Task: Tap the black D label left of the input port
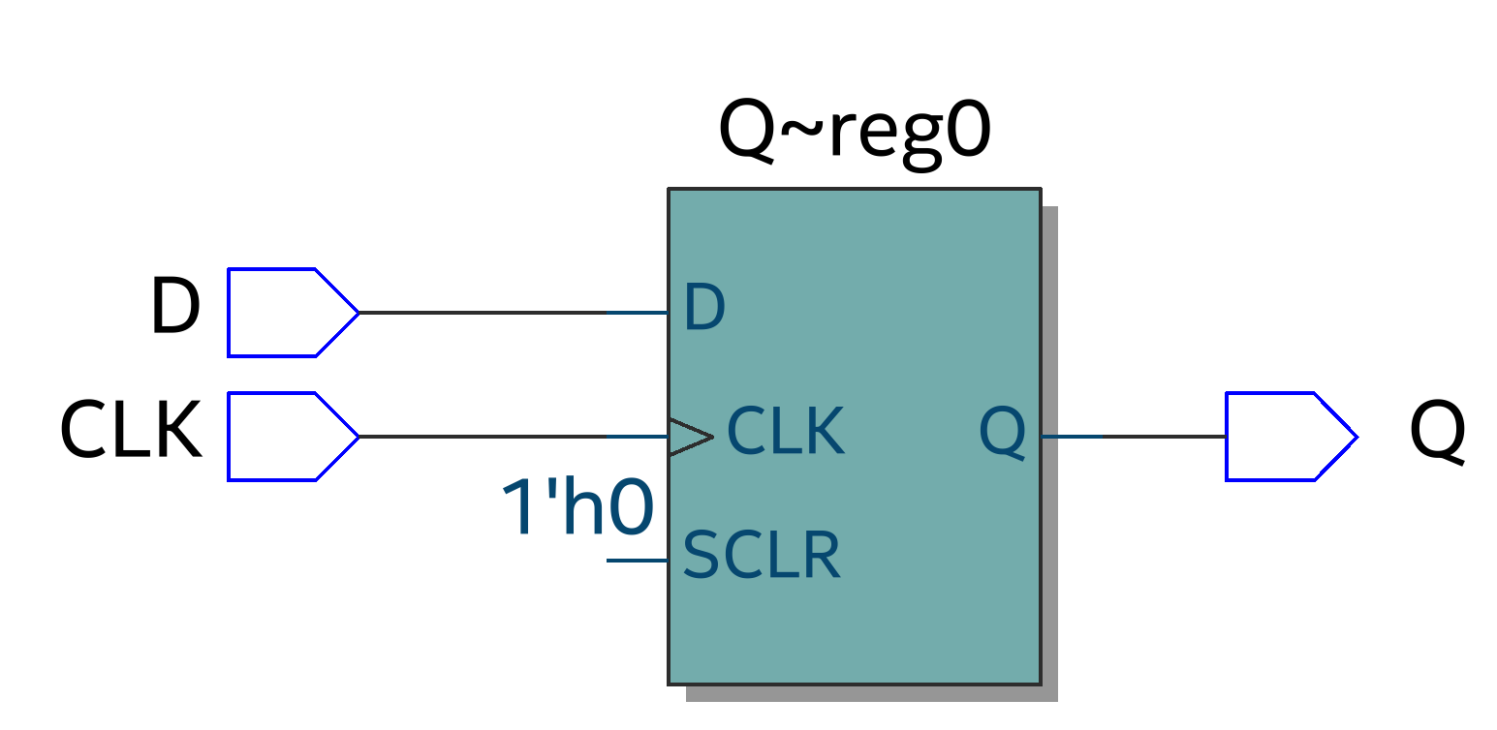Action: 175,307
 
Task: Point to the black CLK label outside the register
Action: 131,430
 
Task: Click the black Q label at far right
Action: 1437,432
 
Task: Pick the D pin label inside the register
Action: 704,308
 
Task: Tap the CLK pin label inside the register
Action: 786,431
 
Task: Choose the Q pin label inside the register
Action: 1002,432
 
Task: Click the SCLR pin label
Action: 761,555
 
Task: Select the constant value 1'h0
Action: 578,509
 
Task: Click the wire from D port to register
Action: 514,313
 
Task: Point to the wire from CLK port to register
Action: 514,437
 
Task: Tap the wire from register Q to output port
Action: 1134,437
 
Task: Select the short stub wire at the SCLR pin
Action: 637,561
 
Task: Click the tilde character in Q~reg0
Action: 801,132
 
